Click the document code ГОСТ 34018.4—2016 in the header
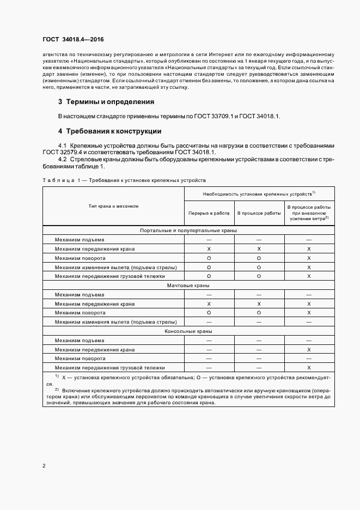pos(73,40)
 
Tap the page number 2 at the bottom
pos(44,466)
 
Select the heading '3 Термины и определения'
pos(106,101)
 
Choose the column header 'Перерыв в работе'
pos(209,213)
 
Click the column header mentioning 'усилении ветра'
pos(309,213)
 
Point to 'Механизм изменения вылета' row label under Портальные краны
pos(115,268)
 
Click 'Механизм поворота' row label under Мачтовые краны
pos(80,313)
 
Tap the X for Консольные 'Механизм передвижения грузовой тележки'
pos(309,368)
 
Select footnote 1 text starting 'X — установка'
pos(191,378)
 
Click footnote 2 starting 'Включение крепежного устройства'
pos(191,391)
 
